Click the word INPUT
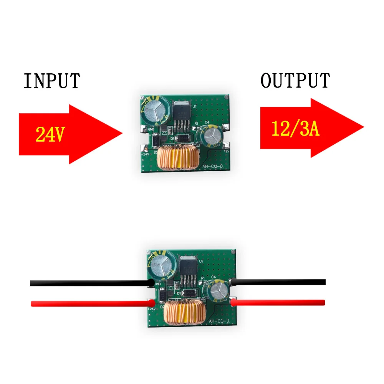pyautogui.click(x=52, y=81)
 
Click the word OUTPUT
pyautogui.click(x=295, y=81)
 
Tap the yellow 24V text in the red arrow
pyautogui.click(x=50, y=134)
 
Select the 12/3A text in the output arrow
pyautogui.click(x=295, y=129)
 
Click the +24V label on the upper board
pyautogui.click(x=145, y=154)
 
